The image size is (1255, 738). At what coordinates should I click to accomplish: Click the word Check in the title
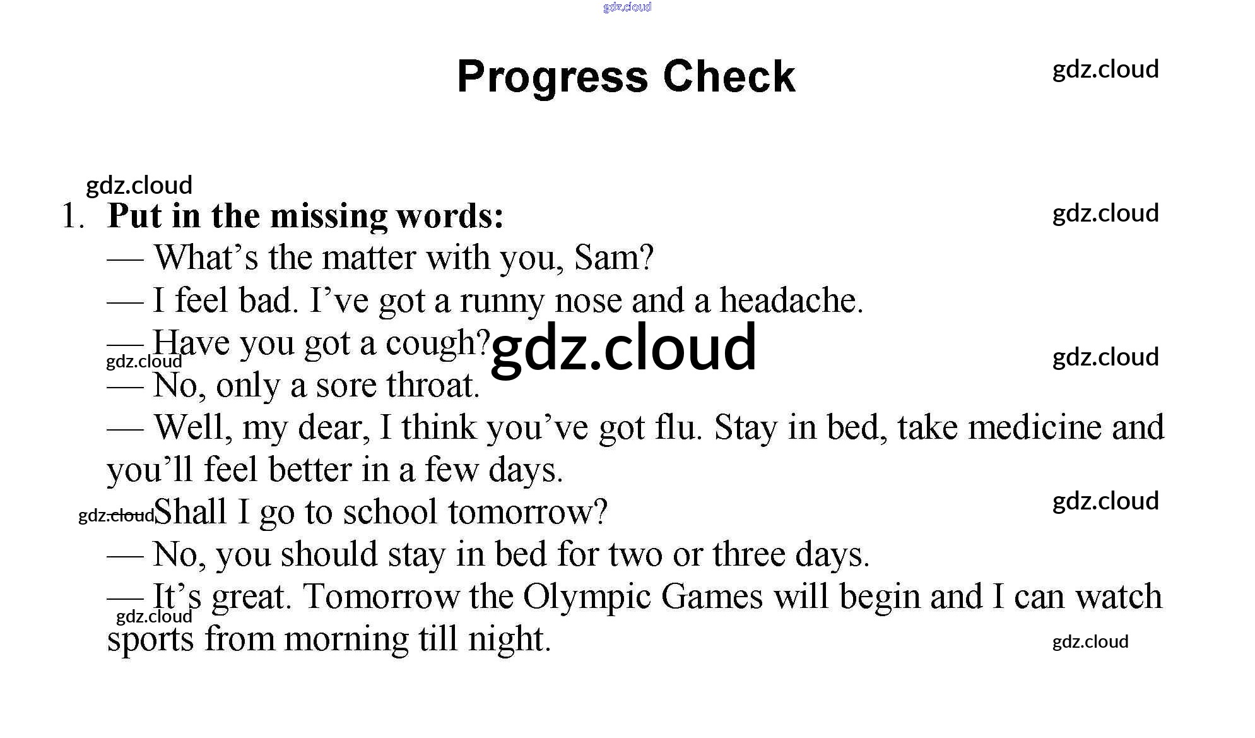tap(729, 76)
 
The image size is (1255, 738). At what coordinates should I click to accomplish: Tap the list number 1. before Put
tap(73, 216)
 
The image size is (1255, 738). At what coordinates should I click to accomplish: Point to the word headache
tap(791, 301)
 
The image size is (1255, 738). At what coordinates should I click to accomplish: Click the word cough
tap(438, 344)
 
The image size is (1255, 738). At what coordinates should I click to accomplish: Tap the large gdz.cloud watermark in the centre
tap(623, 348)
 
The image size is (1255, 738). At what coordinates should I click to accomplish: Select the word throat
tap(433, 385)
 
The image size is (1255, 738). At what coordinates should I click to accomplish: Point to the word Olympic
tap(587, 598)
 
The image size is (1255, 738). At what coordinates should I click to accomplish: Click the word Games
tap(712, 597)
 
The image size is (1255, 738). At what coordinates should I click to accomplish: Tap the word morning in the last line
tap(347, 640)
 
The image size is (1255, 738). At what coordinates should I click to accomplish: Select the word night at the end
tap(509, 640)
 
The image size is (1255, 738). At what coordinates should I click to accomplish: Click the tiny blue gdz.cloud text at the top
tap(627, 7)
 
